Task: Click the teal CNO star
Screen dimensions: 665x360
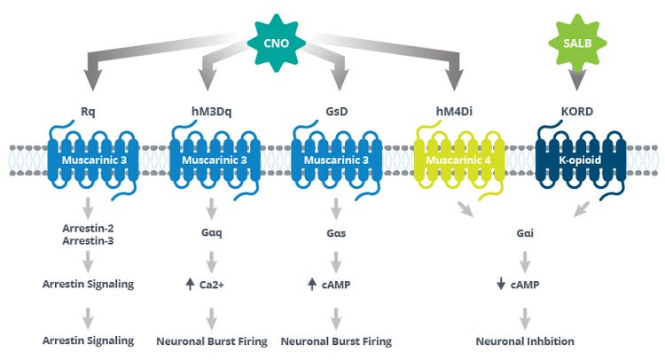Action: (276, 43)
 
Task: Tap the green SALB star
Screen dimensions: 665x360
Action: (577, 43)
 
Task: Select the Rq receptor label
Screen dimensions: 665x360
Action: (88, 112)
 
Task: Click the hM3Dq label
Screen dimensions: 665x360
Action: (212, 112)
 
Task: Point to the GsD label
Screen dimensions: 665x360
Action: (337, 112)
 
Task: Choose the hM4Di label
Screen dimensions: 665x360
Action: (454, 112)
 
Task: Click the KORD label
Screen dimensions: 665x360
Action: (577, 112)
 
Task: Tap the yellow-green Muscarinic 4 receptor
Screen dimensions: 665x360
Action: (459, 160)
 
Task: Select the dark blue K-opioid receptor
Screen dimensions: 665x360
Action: (581, 160)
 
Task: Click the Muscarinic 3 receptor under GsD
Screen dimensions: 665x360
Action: (337, 160)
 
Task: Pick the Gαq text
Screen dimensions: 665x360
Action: (212, 233)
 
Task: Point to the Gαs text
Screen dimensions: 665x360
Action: (336, 233)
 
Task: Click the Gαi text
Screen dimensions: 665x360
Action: (525, 233)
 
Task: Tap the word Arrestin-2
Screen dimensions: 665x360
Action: (88, 228)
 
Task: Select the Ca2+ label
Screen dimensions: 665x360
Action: (212, 285)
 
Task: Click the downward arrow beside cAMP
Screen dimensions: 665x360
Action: (501, 284)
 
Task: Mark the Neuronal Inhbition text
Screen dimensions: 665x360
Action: (525, 341)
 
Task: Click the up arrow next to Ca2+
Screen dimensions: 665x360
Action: (190, 284)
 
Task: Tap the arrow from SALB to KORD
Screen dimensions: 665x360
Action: (577, 78)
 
